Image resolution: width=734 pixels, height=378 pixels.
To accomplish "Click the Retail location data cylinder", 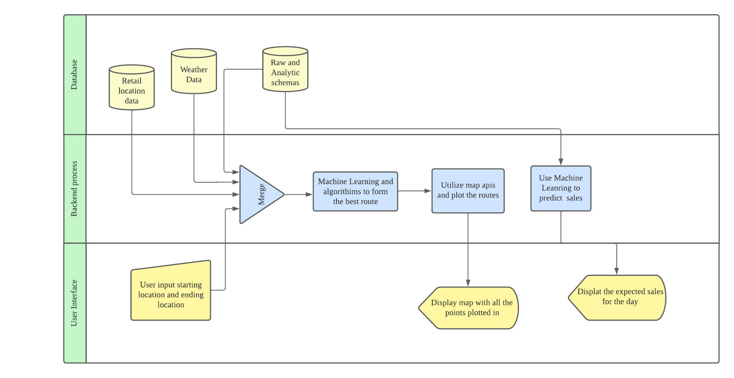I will (x=132, y=90).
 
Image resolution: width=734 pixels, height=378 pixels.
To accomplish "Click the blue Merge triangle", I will (x=259, y=195).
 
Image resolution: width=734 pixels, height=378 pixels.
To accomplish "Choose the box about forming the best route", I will (x=355, y=191).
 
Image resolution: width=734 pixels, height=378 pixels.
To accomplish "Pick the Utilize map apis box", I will (x=468, y=190).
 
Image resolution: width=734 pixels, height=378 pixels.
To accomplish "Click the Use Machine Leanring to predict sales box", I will (x=561, y=188).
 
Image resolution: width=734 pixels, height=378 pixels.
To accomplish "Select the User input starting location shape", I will (x=171, y=294).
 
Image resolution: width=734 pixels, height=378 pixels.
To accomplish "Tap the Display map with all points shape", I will (x=470, y=308).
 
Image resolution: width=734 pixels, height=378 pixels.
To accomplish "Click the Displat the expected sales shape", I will (x=618, y=297).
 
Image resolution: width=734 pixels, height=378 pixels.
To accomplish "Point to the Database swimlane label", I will (x=74, y=74).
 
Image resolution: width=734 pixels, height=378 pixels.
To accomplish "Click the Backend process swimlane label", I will (x=74, y=189).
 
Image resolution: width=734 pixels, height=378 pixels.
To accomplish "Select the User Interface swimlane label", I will (x=74, y=303).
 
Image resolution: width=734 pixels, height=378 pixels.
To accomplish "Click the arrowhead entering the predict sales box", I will (x=561, y=162).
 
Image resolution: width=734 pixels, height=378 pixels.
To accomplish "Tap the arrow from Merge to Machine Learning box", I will (x=299, y=195).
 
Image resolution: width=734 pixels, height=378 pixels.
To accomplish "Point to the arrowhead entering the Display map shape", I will (x=468, y=283).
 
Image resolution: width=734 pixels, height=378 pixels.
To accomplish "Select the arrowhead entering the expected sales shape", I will (x=616, y=271).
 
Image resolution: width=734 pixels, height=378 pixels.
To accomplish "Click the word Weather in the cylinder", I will (x=194, y=70).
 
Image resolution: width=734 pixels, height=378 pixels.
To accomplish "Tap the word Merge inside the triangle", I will (x=262, y=195).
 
